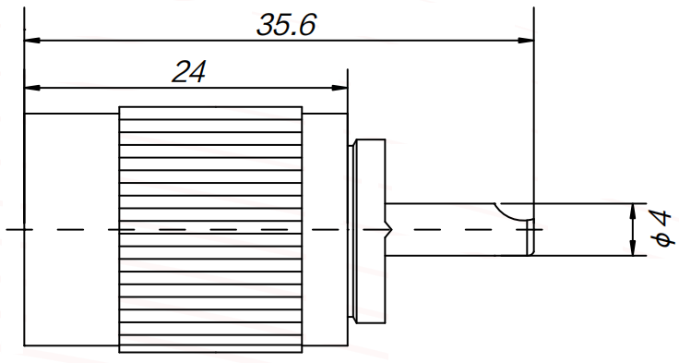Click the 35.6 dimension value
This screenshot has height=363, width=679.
(286, 24)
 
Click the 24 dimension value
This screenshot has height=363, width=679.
(189, 71)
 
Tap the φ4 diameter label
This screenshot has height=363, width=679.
(661, 228)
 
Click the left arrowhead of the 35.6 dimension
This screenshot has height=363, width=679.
(32, 41)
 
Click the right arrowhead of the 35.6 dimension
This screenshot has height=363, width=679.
(526, 41)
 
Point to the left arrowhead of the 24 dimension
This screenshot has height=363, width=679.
(32, 88)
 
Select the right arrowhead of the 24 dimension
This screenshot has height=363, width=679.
(339, 88)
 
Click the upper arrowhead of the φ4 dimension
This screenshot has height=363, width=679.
(633, 212)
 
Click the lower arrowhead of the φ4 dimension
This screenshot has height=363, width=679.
(633, 248)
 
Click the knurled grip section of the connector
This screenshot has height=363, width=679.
(210, 229)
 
